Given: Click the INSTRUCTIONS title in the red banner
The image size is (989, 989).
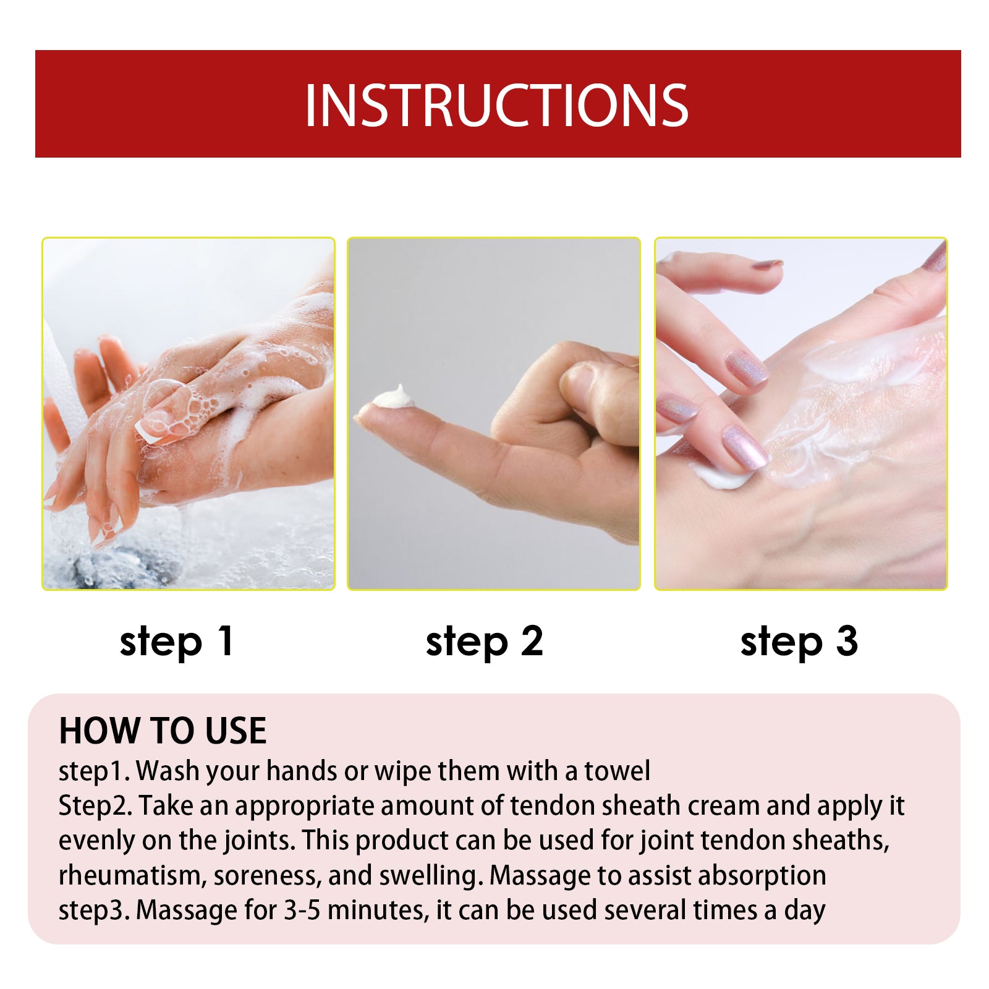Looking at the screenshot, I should coord(496,105).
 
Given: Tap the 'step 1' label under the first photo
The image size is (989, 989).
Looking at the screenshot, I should coord(177,642).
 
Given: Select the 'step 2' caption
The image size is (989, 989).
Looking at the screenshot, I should coord(484,642).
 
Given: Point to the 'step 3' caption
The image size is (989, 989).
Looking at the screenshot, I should coord(799,642).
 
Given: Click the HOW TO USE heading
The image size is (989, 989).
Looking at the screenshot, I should coord(163,731).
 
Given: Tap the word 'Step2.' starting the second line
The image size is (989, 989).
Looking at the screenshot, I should coord(95,806).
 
